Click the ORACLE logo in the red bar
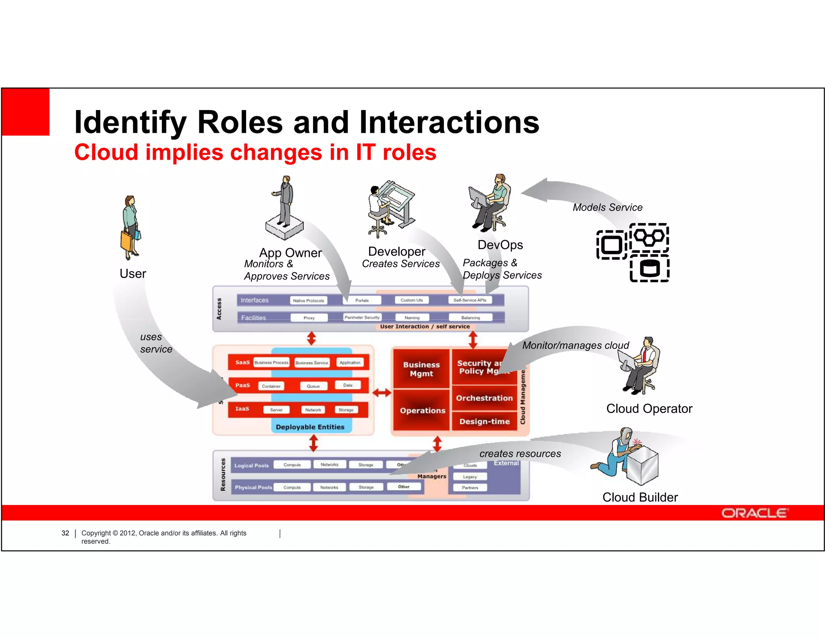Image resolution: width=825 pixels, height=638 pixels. (754, 513)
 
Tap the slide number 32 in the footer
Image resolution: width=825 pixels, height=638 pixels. (65, 533)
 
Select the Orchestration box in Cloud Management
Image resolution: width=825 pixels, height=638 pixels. (484, 398)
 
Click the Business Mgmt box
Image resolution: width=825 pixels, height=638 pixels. (421, 369)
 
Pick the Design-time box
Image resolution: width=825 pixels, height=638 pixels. (484, 421)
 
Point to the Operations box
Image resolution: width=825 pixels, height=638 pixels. (422, 411)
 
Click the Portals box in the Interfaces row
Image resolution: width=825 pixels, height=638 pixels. (362, 300)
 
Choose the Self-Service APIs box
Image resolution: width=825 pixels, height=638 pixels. (470, 300)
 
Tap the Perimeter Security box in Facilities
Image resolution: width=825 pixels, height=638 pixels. (362, 318)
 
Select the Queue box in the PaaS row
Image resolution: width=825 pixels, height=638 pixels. (313, 386)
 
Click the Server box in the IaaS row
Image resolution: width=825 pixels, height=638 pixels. (276, 410)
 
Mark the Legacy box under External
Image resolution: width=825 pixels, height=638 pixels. (470, 477)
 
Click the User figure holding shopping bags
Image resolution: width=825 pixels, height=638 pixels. (131, 228)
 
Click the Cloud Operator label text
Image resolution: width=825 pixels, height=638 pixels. (649, 409)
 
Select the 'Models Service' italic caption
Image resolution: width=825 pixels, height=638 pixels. (607, 207)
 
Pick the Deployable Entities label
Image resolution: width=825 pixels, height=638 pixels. (310, 427)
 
